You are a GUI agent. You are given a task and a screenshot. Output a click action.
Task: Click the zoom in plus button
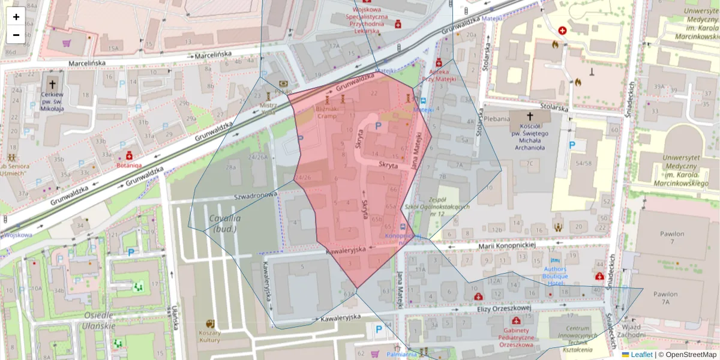(16, 17)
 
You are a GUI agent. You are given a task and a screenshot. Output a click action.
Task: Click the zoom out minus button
(16, 35)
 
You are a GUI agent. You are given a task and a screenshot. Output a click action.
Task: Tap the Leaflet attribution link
(641, 355)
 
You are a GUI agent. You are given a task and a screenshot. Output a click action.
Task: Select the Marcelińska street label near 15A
(87, 62)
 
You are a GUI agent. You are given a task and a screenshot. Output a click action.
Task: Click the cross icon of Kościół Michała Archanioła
(530, 116)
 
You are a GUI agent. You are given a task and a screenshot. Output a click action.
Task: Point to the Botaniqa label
(129, 164)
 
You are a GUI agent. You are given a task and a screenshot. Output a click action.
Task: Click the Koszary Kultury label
(209, 336)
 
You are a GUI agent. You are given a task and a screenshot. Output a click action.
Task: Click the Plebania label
(497, 119)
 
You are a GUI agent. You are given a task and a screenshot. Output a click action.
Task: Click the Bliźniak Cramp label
(328, 113)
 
